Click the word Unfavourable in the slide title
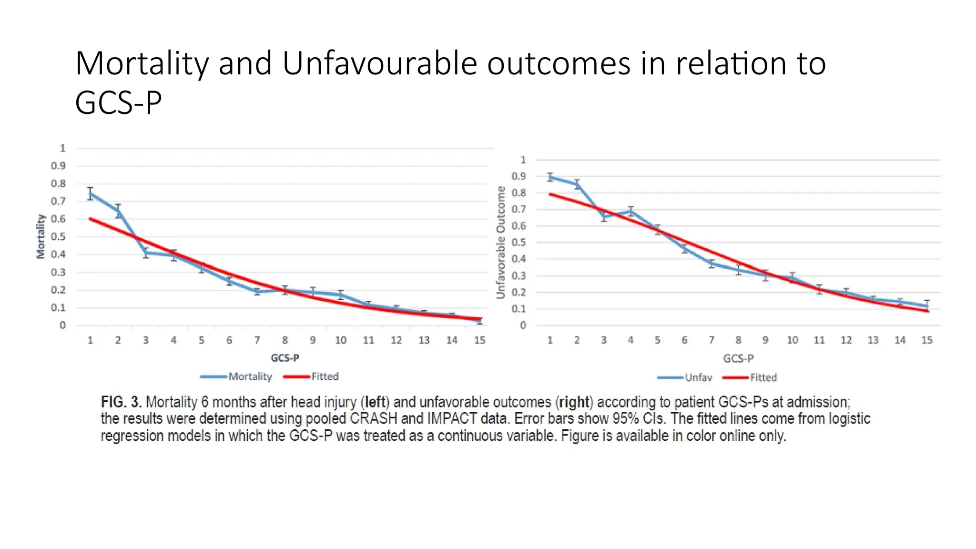[379, 63]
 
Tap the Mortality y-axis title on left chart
[41, 236]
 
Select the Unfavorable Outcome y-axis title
[500, 242]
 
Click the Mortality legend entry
[250, 376]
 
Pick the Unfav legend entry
[698, 377]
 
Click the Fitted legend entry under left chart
[325, 376]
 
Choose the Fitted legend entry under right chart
[763, 377]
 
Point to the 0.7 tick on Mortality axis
[58, 201]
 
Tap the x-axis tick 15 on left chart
[479, 340]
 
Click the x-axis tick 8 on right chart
[738, 340]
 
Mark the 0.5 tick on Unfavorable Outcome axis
[518, 243]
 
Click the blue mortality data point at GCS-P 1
[90, 193]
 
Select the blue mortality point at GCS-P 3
[146, 253]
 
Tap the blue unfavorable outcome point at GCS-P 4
[631, 211]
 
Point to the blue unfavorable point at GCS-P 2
[577, 184]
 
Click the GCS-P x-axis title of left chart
[285, 358]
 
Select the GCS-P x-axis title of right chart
[738, 358]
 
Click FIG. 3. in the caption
[121, 402]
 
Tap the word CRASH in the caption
[373, 419]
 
